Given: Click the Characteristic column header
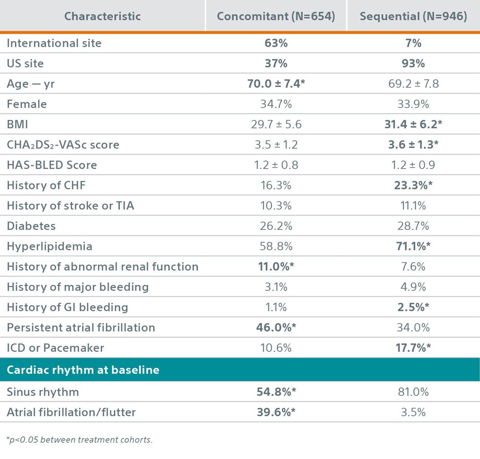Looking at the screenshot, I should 102,16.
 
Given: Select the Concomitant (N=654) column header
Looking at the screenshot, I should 276,16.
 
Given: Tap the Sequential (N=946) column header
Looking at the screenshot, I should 413,16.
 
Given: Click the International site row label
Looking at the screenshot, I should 54,43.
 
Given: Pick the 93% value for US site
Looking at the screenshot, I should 413,63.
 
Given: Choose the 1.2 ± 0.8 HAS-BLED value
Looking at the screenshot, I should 276,165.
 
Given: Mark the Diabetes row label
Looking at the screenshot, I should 31,226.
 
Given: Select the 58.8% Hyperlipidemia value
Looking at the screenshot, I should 276,247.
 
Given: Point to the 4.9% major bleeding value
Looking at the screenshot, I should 413,287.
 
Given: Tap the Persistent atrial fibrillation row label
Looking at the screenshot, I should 81,328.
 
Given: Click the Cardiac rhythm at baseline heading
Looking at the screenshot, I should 83,370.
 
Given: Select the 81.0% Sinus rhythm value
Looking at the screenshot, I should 413,392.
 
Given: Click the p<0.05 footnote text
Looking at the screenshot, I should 79,440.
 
